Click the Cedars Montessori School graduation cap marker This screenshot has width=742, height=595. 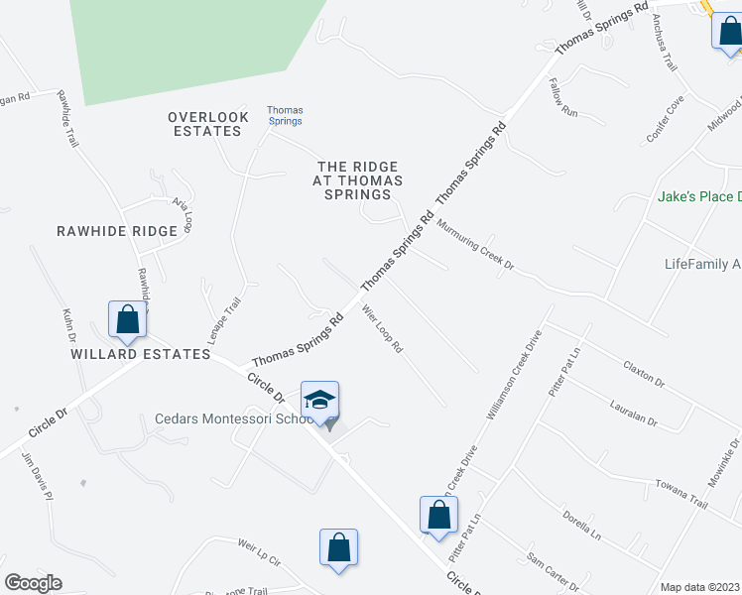(x=319, y=402)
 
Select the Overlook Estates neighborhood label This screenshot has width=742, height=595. (x=208, y=124)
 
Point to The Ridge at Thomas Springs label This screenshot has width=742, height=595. (x=359, y=180)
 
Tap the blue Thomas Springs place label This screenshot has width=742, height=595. (x=285, y=115)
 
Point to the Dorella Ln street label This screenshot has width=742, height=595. (x=582, y=518)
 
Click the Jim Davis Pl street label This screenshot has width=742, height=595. (x=36, y=477)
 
